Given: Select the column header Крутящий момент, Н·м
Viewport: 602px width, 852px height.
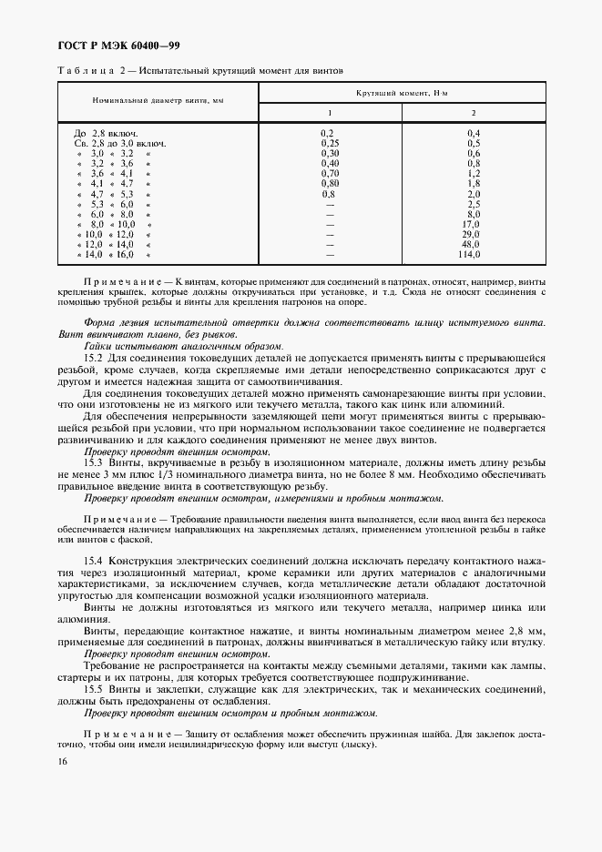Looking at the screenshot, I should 402,93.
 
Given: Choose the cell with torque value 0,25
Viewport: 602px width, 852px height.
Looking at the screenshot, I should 330,143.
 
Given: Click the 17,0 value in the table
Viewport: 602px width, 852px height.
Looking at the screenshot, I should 471,224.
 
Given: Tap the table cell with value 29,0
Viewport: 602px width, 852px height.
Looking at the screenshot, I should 471,234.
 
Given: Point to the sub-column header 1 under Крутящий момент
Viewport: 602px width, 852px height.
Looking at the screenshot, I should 330,112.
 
